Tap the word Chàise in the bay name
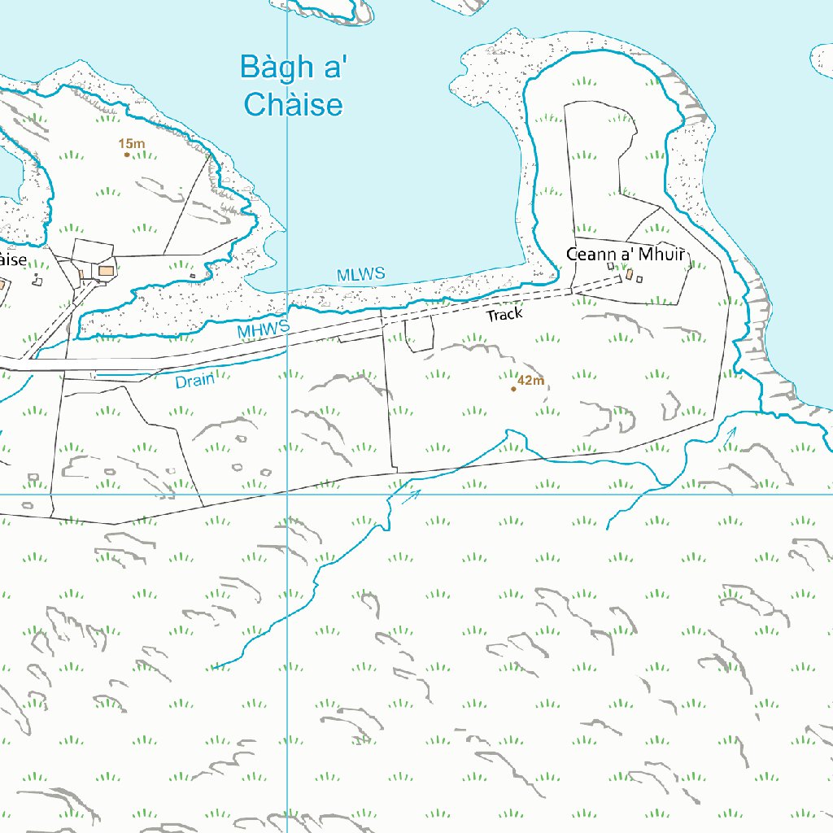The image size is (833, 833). click(294, 105)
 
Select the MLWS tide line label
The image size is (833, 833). click(360, 275)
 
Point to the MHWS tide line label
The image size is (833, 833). click(264, 330)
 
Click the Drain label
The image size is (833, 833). click(195, 380)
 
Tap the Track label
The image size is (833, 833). click(504, 314)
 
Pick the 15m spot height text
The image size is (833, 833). click(132, 144)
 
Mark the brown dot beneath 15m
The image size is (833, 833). click(127, 155)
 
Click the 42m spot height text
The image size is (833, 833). click(530, 380)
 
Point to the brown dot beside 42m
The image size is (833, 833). click(513, 389)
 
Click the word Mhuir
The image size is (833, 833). click(662, 255)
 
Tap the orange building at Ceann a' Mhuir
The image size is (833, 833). click(630, 275)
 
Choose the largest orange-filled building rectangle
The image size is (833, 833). click(106, 269)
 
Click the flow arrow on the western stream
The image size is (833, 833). click(412, 494)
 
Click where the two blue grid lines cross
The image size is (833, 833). click(287, 494)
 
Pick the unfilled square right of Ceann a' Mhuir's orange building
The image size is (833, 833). click(639, 279)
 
